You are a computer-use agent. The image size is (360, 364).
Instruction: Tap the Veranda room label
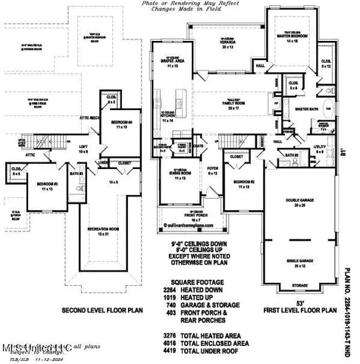click(226, 42)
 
